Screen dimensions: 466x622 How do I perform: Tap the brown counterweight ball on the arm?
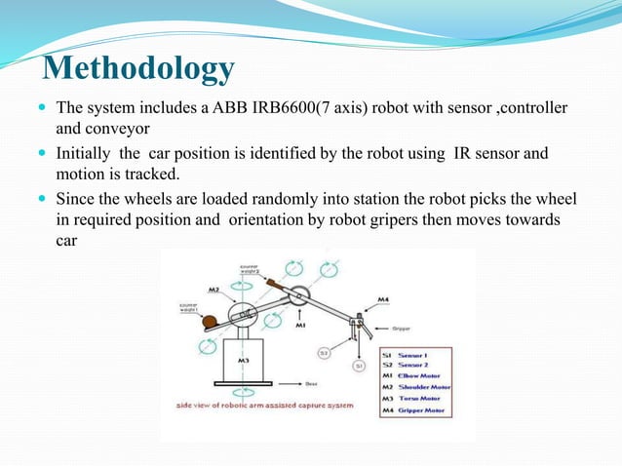pos(208,317)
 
